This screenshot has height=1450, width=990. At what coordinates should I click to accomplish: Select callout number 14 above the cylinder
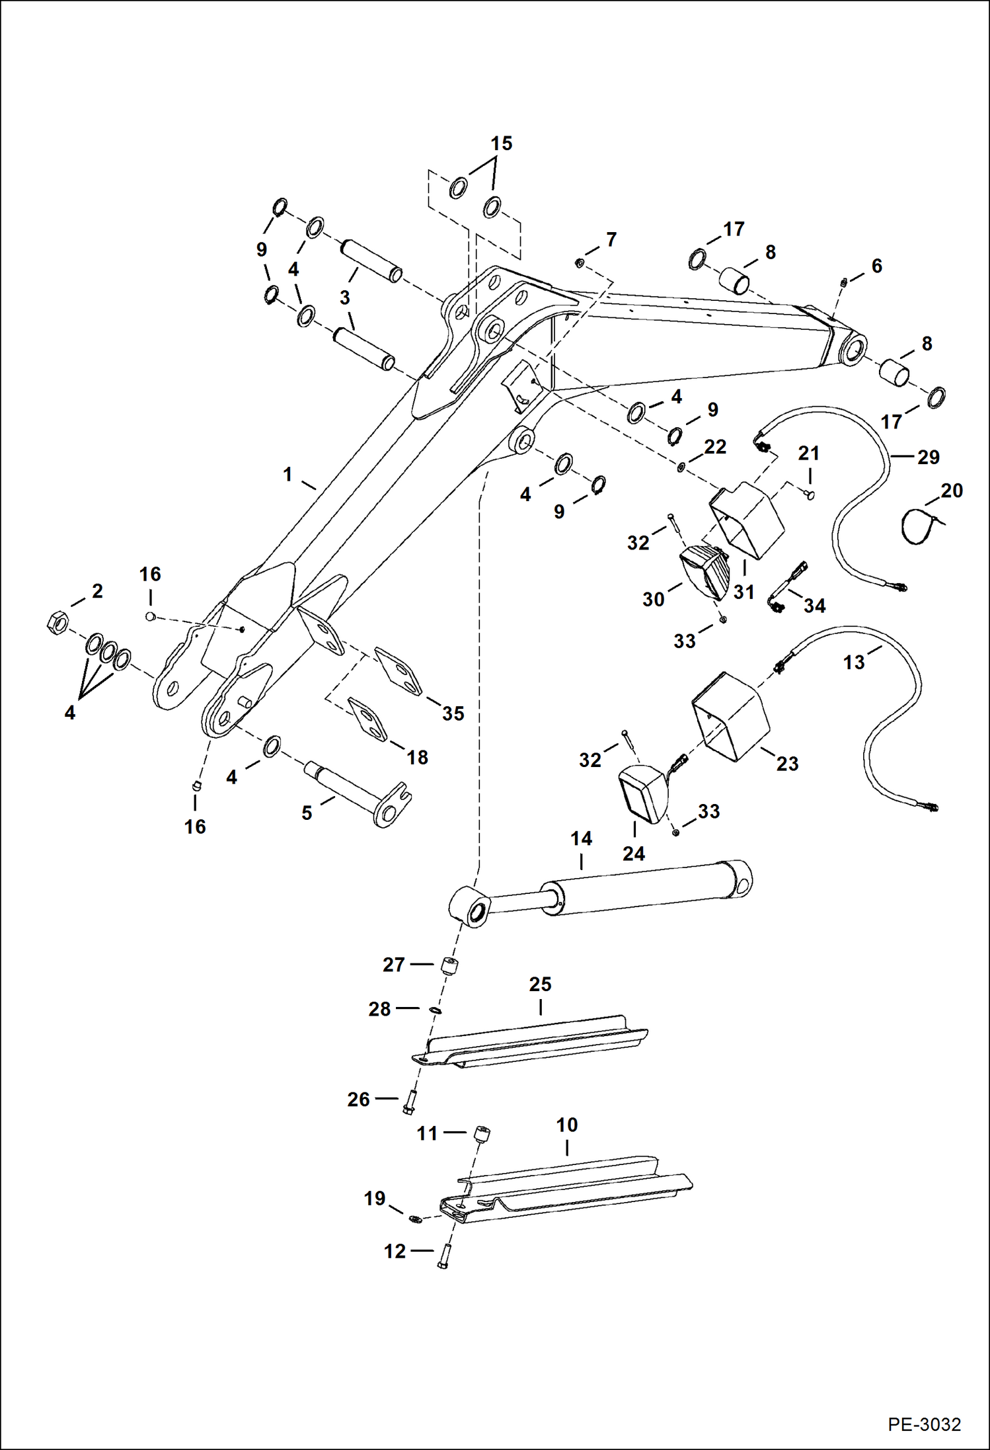[581, 839]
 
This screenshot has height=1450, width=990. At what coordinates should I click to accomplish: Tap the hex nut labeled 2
[57, 622]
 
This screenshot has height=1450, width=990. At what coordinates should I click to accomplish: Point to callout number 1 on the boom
[287, 474]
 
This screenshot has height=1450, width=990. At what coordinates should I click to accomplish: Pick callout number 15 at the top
[501, 143]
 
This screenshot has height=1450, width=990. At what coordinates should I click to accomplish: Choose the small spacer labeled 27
[450, 964]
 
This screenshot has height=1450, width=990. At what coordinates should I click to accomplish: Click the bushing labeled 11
[482, 1135]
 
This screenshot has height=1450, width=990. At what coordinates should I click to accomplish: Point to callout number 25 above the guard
[540, 985]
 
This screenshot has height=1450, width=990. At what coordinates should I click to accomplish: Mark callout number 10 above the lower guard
[567, 1125]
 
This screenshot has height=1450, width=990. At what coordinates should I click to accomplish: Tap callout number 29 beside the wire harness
[928, 457]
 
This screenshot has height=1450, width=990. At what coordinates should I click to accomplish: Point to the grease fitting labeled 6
[845, 283]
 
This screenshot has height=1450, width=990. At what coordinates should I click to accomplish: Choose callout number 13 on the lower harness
[853, 662]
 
